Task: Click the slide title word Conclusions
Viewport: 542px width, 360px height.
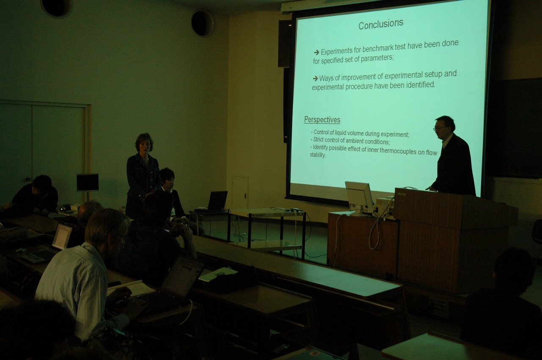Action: point(381,24)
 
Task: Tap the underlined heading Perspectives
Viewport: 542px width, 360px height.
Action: point(322,119)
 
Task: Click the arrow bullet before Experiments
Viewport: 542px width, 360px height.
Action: point(316,52)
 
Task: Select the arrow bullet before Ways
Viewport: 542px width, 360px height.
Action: point(315,78)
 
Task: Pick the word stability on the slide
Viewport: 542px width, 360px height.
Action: point(318,155)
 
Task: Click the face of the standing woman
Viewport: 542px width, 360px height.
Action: point(145,147)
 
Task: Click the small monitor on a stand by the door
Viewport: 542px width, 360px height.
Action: point(87,183)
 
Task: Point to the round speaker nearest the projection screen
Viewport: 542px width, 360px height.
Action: point(202,23)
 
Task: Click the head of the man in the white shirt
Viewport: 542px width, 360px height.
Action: point(107,230)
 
